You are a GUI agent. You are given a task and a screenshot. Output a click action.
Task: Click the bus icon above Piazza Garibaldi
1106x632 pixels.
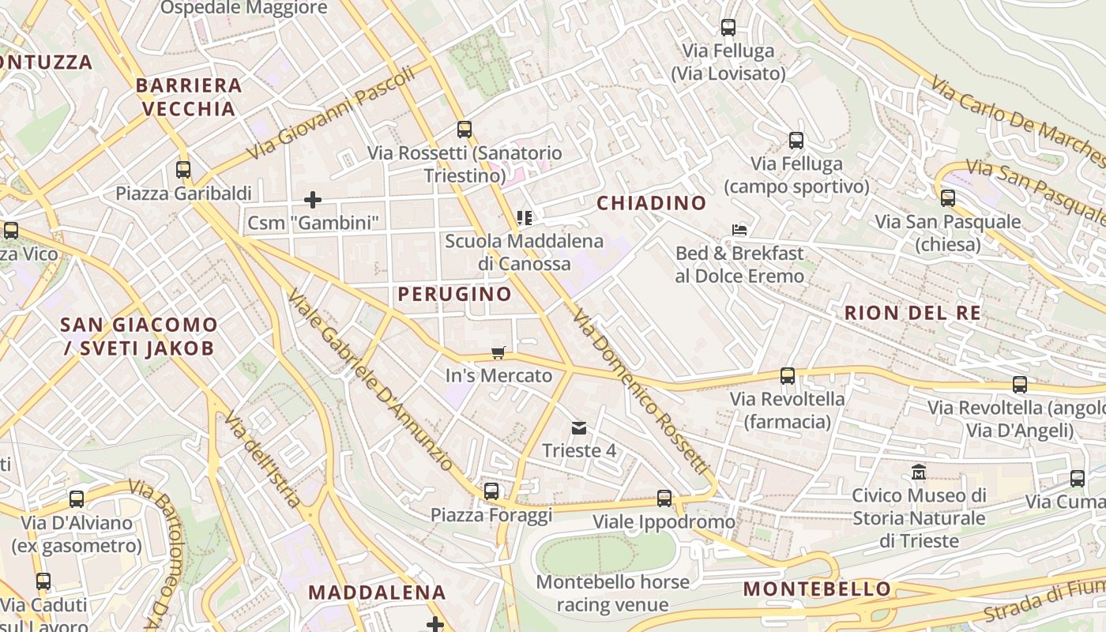183,169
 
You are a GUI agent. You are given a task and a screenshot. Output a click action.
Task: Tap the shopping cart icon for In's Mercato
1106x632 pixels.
498,352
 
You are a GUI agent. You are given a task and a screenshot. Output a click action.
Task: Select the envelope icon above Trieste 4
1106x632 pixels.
579,428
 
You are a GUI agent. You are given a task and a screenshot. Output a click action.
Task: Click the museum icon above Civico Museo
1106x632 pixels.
919,472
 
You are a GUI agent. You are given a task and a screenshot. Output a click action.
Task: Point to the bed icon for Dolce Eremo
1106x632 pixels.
739,230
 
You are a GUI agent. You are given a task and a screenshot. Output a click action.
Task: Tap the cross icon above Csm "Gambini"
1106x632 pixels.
313,199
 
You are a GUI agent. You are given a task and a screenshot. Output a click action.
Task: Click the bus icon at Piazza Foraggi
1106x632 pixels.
491,491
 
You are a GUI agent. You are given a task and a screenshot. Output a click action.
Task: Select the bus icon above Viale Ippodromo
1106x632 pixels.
664,498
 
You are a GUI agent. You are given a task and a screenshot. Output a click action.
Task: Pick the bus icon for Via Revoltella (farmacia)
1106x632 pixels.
788,376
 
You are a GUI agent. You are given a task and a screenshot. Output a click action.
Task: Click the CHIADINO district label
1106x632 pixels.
651,203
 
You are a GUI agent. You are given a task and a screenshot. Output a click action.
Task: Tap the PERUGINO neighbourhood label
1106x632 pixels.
454,294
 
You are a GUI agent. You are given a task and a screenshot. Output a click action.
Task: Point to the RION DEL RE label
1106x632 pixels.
912,313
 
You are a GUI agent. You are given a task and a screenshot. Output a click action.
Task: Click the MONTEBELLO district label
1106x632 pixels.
817,589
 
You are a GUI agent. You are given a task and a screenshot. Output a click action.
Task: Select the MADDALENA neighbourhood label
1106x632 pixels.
377,592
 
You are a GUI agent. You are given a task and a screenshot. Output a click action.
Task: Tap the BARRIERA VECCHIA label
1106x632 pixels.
188,97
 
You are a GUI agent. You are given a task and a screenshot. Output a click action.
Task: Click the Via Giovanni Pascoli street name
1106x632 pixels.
331,113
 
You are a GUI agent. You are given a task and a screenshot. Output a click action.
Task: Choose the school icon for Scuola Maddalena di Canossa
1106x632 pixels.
524,217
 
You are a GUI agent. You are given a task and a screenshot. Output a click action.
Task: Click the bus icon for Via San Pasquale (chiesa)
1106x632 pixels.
947,198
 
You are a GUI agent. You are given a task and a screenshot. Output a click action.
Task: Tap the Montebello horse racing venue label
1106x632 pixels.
613,593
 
